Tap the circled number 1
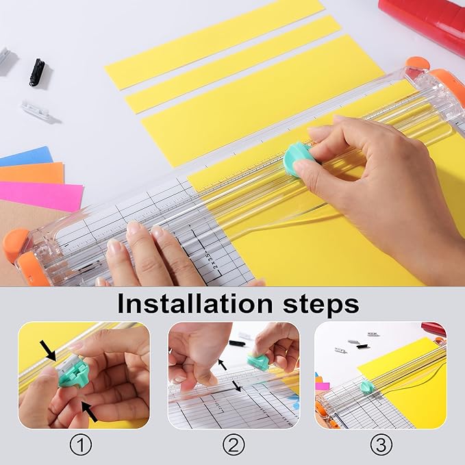(82, 446)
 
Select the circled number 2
(234, 446)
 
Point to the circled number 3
(381, 446)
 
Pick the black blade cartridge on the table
(36, 72)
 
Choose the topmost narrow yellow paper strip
(214, 43)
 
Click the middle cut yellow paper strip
(233, 64)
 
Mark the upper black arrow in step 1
(49, 352)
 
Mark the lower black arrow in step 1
(89, 411)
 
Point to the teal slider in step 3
(367, 387)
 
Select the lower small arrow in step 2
(236, 387)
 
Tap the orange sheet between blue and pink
(31, 173)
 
